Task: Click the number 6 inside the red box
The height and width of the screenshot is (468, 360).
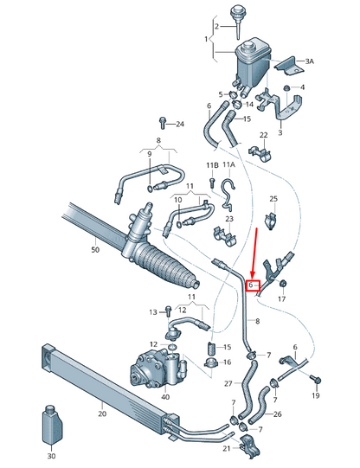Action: [252, 285]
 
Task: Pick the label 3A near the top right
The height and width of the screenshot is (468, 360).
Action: [310, 61]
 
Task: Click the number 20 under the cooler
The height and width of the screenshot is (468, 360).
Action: [101, 414]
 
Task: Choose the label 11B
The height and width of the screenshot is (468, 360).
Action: [212, 164]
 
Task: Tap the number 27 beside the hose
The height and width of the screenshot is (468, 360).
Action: [228, 383]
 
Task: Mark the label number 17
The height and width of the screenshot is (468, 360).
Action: [281, 299]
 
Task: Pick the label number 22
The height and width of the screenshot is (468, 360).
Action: [264, 135]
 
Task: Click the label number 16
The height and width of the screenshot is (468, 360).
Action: [227, 362]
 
